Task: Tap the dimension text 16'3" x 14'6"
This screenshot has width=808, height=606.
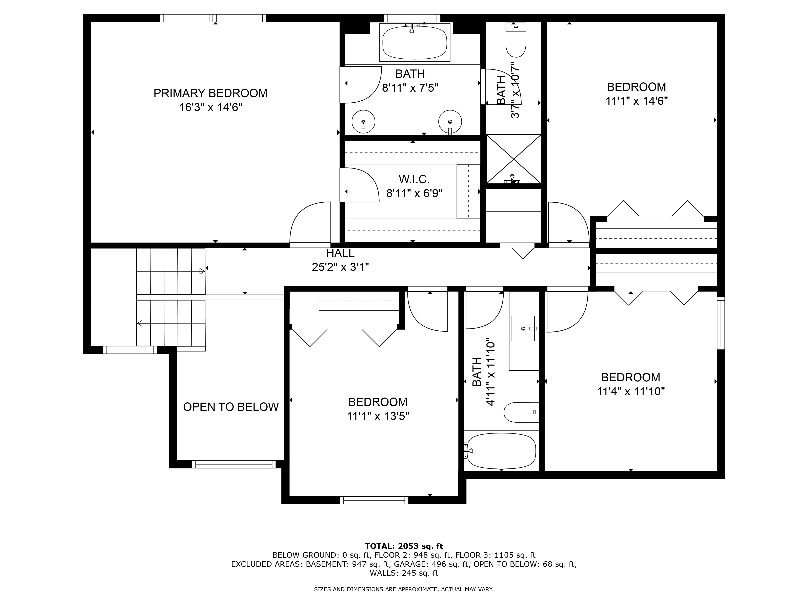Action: [210, 107]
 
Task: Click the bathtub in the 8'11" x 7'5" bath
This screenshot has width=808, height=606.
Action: [415, 43]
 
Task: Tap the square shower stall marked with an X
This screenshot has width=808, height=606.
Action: [513, 159]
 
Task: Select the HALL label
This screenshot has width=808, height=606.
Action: [340, 253]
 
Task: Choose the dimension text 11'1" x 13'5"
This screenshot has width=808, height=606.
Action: [378, 416]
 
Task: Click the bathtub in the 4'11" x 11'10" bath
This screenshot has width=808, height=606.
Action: [502, 451]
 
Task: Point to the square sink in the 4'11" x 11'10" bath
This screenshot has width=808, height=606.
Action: [523, 328]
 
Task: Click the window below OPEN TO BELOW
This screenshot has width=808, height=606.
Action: [234, 464]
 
